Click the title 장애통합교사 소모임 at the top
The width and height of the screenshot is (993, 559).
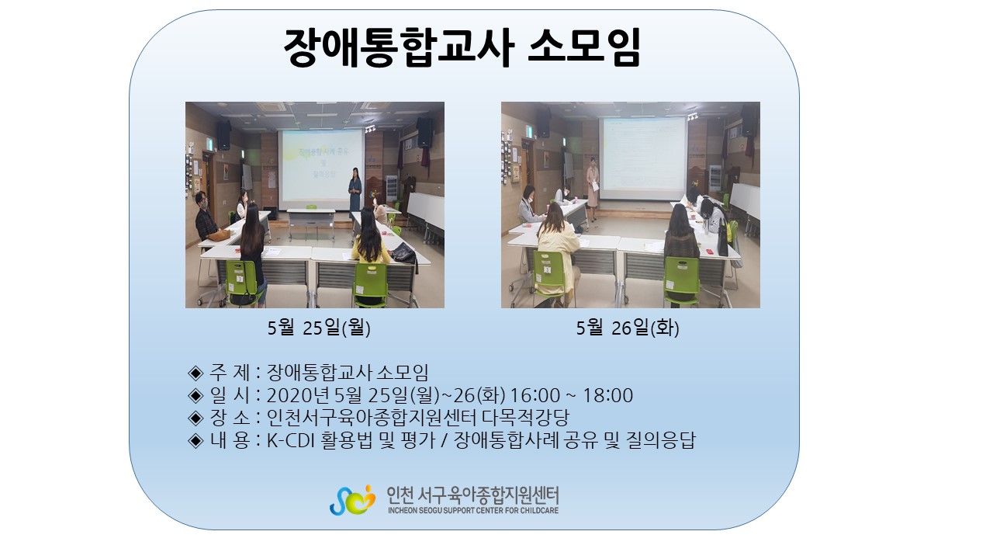tap(462, 47)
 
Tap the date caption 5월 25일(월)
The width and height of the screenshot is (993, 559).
tap(319, 328)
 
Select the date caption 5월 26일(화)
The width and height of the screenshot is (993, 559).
tap(628, 328)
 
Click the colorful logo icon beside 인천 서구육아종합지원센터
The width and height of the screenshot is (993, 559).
tap(352, 499)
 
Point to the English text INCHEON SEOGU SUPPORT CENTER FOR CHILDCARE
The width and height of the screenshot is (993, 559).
tap(473, 511)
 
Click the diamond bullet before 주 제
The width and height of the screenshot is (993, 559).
tap(195, 373)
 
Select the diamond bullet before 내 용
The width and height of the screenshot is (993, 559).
tap(195, 441)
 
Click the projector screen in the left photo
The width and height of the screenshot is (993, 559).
tap(321, 169)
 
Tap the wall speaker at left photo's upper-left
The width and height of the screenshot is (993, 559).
tap(224, 135)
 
